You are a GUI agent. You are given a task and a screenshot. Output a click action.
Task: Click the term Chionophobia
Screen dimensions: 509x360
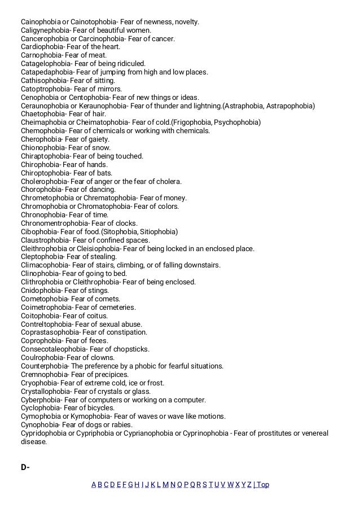click(42, 147)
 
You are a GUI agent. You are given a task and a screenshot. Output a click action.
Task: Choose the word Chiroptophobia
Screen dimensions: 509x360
click(45, 173)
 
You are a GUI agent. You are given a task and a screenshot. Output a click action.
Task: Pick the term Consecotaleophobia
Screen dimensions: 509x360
click(53, 349)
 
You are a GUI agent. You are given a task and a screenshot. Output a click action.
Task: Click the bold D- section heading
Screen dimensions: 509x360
click(25, 467)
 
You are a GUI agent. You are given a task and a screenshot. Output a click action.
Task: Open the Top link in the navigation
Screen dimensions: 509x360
click(263, 485)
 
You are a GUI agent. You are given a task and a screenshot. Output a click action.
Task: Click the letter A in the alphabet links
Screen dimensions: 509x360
click(94, 485)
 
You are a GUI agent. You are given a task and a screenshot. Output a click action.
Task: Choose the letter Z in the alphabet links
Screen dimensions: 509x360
click(249, 485)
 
